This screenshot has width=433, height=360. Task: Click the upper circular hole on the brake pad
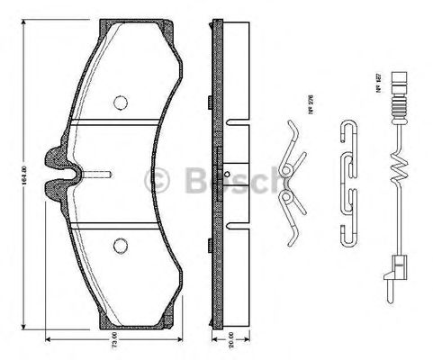(119, 102)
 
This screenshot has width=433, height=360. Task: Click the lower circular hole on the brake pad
(119, 242)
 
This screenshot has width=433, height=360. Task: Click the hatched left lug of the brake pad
(57, 167)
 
